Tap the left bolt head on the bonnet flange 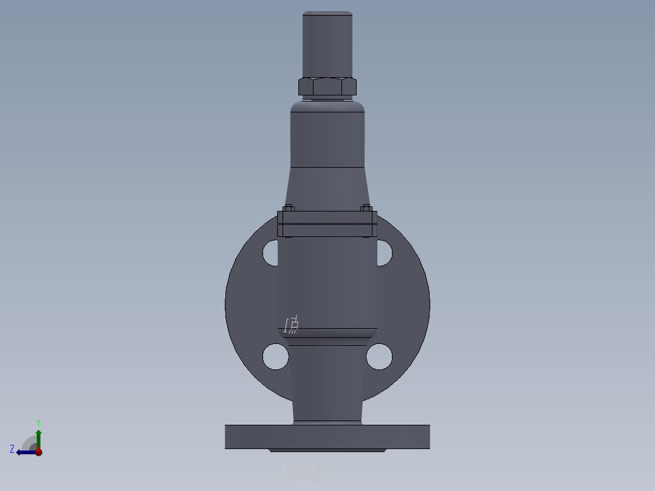289,208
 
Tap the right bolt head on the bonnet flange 365,208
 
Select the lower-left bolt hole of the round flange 276,356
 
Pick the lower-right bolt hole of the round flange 379,356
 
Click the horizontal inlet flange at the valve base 327,437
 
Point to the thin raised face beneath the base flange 327,450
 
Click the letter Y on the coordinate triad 38,422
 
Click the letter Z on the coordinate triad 12,449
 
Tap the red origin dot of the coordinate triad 39,452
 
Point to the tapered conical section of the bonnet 327,188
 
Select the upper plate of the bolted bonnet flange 327,217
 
